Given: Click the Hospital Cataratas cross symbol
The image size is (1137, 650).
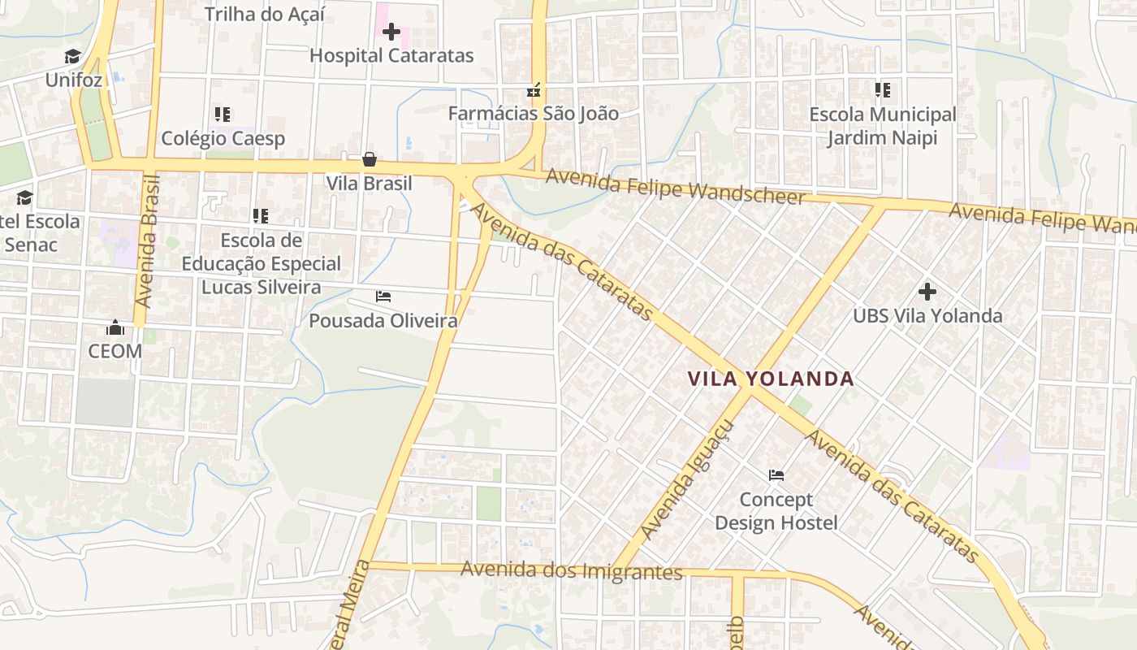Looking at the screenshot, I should coord(391,32).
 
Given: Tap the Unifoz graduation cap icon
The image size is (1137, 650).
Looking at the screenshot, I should coord(73,56).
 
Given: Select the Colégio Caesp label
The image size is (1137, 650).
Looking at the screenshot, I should coord(223,138).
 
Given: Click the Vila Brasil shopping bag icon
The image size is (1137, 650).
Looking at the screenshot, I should coord(370,159).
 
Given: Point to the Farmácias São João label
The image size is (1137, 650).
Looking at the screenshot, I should coord(533,114).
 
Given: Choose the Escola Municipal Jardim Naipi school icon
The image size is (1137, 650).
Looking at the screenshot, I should coord(882,90).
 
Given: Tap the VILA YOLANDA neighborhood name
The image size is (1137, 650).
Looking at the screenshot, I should coord(770,379).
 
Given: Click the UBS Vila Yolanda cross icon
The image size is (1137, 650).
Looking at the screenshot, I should coord(927,291).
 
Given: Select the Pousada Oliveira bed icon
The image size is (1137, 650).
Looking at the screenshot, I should coord(383,297).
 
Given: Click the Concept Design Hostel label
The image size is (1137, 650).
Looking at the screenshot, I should coord(776,511).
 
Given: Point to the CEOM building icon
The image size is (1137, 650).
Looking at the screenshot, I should coord(115,327).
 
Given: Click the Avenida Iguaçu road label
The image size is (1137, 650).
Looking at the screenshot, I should coord(687,479).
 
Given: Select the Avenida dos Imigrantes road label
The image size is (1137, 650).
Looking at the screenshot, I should coord(571,570).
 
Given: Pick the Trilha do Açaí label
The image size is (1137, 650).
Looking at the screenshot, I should coord(265,14).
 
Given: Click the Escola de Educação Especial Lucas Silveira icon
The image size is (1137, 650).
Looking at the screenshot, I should coord(260,215).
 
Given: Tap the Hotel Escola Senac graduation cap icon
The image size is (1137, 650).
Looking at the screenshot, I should coord(24,197).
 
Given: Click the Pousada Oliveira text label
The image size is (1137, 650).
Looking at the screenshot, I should coord(383,321).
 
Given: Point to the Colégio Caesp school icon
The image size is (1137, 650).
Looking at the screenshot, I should coord(223,115).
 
